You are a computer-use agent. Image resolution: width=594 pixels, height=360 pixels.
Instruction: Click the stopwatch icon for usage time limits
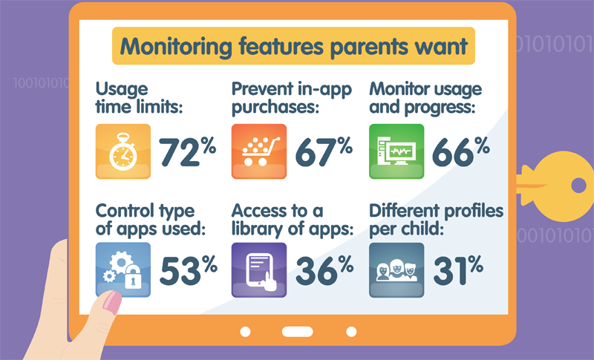tap(123, 151)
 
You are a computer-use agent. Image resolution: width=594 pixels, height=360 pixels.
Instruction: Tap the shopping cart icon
tap(259, 151)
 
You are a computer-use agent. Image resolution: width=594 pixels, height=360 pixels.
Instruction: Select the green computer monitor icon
tap(396, 151)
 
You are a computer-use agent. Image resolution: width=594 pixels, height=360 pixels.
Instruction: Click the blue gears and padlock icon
tap(123, 270)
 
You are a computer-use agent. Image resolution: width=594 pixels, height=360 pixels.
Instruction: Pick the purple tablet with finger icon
tap(259, 270)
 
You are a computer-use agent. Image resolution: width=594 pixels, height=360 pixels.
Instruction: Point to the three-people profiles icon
tap(396, 270)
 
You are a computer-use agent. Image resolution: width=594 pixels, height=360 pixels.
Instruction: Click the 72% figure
tap(188, 151)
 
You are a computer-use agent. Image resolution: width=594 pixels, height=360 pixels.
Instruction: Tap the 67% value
tap(324, 151)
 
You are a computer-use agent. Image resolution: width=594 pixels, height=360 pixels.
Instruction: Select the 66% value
tap(461, 151)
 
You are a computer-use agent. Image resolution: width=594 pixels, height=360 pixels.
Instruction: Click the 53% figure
tap(189, 270)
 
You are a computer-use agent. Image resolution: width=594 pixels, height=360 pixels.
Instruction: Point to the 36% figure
tap(324, 270)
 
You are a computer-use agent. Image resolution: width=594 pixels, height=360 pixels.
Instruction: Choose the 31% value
tap(458, 270)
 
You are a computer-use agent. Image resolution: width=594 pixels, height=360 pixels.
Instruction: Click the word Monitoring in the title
tap(176, 47)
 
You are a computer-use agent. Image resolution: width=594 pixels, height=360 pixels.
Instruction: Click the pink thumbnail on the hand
tap(113, 302)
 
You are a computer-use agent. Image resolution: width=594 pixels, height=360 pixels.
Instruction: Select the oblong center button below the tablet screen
tap(298, 332)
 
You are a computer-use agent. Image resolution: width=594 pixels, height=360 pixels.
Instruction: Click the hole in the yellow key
tap(578, 186)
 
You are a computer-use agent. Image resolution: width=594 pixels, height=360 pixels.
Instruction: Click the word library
tap(258, 229)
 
